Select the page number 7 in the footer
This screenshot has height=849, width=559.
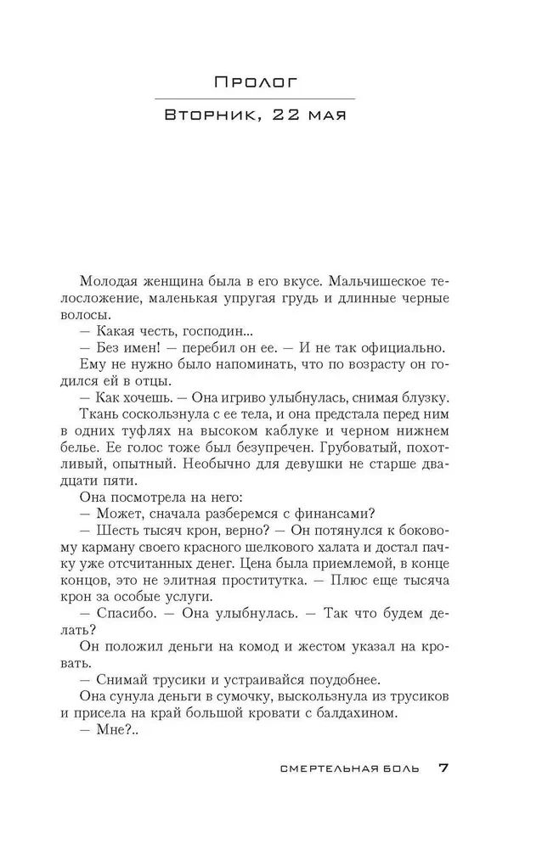443,769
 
